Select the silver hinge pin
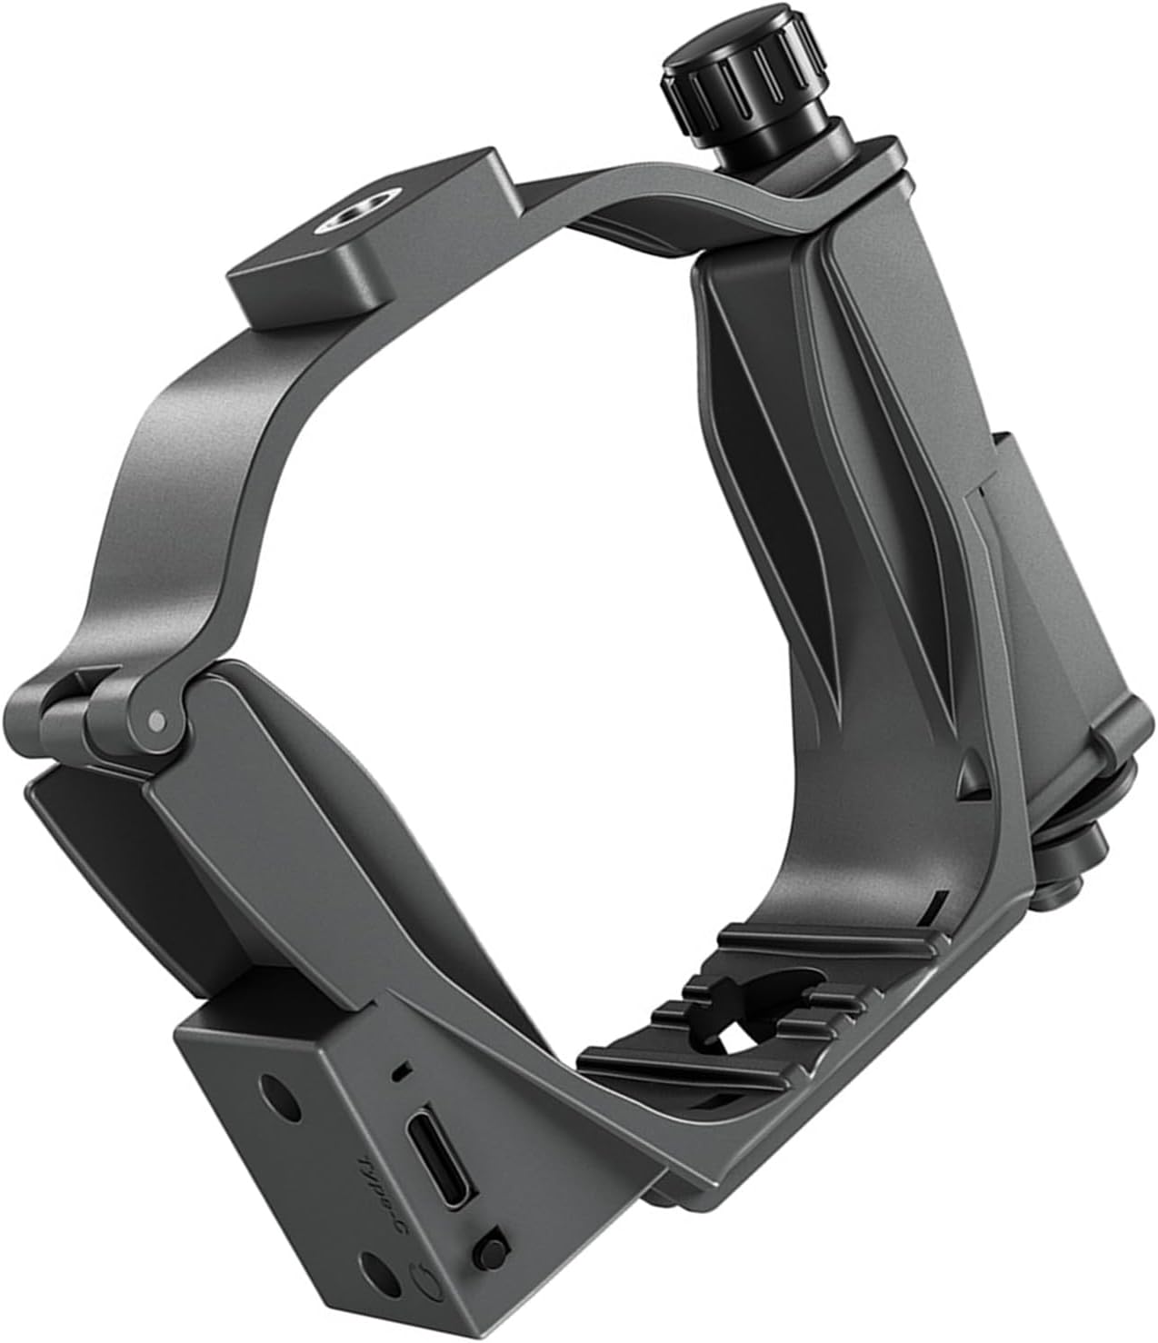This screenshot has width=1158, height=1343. tap(156, 721)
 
